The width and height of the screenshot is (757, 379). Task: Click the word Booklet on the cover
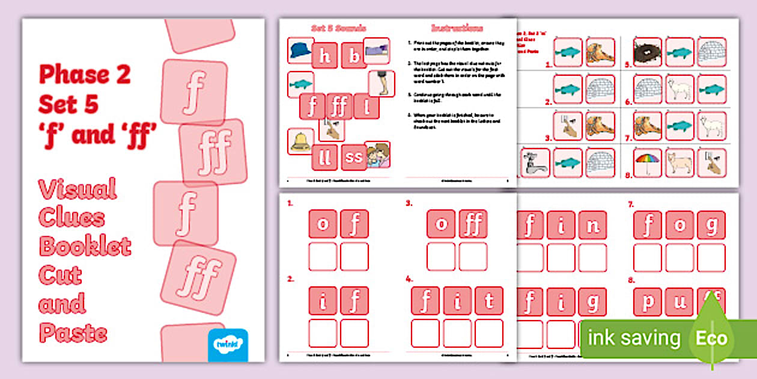(85, 246)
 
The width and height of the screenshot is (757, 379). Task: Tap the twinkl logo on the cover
(228, 345)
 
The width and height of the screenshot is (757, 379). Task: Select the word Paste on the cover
(73, 333)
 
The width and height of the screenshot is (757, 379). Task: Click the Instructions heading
(457, 28)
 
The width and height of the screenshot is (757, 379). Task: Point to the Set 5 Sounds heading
(338, 28)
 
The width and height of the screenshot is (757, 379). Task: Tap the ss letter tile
(354, 158)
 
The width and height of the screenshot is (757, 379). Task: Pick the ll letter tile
(324, 158)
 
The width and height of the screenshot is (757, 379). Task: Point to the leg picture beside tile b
(381, 84)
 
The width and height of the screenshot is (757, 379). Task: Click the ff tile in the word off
(473, 224)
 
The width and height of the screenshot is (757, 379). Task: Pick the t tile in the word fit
(488, 300)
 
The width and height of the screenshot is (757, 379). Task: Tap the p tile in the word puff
(648, 300)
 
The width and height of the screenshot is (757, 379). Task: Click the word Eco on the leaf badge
(711, 338)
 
